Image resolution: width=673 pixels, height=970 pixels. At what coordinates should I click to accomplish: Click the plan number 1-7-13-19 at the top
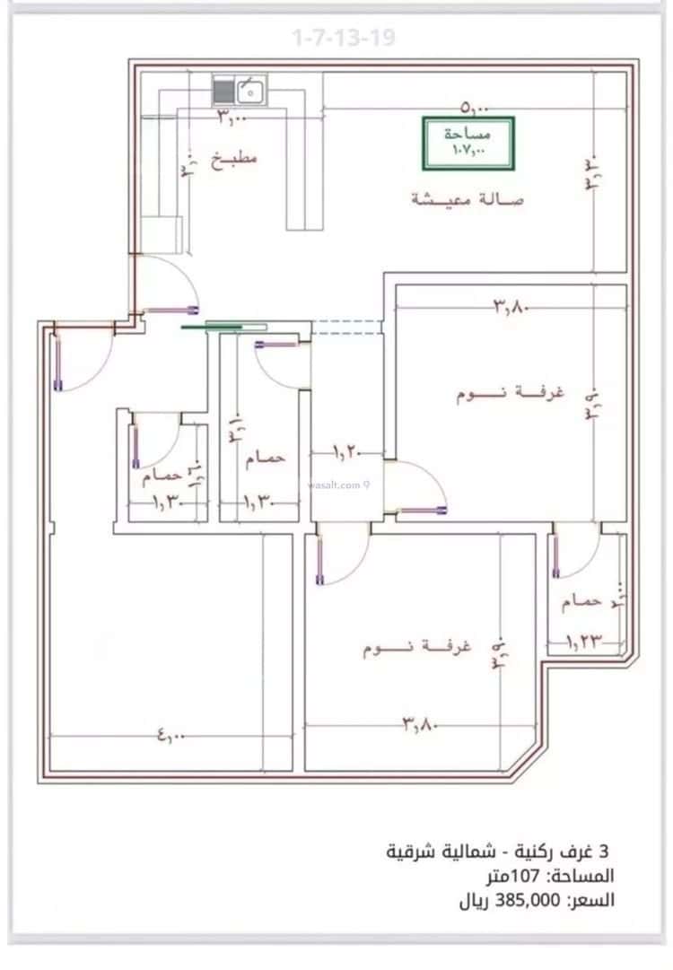[x=344, y=39]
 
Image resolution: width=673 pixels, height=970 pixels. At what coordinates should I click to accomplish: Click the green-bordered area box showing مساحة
[x=468, y=143]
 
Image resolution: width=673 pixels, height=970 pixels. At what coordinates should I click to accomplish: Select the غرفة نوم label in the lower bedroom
[x=405, y=646]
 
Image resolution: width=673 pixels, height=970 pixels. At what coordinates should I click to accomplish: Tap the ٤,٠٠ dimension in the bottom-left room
[x=170, y=737]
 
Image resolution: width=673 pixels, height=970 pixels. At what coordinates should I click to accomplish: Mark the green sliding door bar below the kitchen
[x=224, y=327]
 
